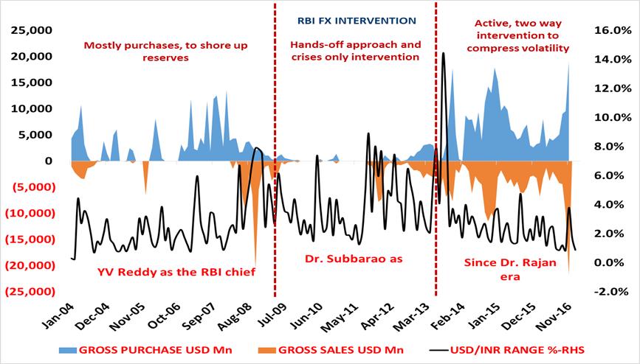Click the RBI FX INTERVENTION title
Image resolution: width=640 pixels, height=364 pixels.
point(356,21)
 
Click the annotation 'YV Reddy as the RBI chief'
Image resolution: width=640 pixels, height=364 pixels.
point(176,272)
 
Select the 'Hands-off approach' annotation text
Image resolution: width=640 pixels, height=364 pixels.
point(357,45)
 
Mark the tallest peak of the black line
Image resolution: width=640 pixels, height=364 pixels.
point(443,53)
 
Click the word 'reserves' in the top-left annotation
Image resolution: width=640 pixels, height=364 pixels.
point(166,57)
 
